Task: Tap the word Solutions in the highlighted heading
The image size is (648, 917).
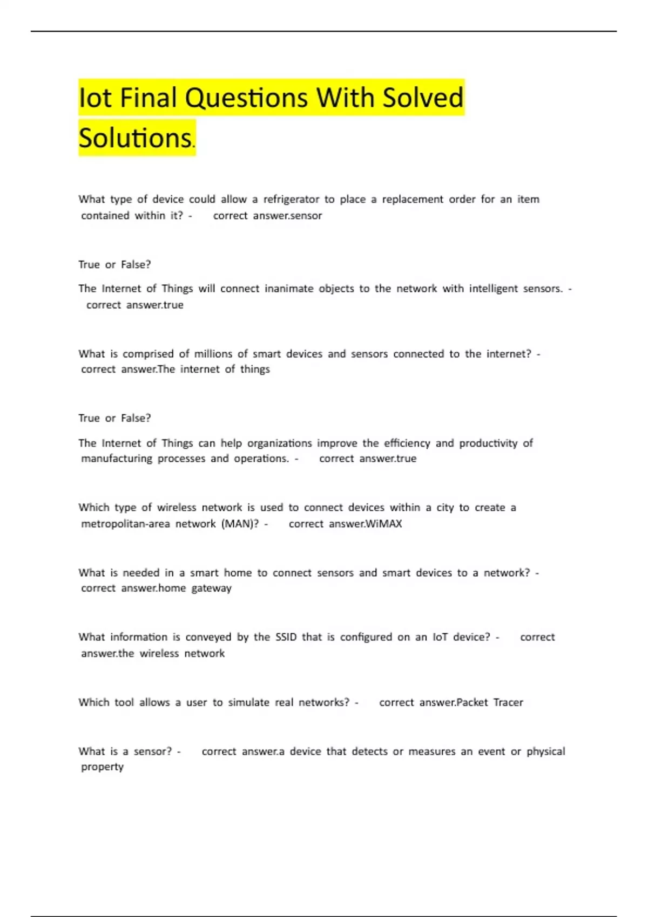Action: [135, 138]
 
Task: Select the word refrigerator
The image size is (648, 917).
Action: [291, 199]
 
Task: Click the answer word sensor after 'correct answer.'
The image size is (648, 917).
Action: [306, 216]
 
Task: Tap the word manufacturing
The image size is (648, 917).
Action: [117, 458]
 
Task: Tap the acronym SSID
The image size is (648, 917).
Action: [286, 637]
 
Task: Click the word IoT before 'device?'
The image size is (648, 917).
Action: [440, 637]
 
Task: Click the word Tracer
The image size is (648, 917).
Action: [508, 702]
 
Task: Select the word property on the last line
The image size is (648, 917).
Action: [102, 767]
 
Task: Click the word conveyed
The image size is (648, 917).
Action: [208, 637]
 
